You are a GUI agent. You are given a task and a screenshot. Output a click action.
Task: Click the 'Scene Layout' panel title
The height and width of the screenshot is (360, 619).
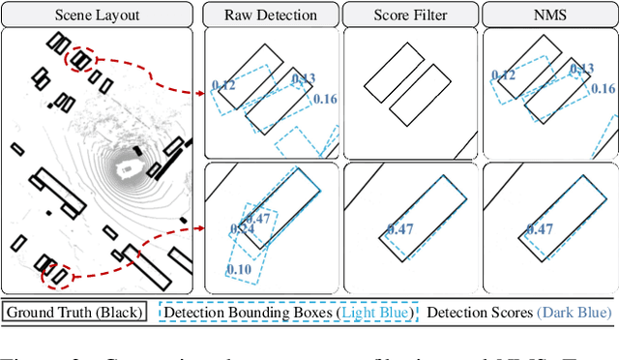coord(100,15)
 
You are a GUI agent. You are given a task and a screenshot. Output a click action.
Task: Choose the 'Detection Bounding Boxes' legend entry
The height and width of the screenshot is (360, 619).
coord(287,313)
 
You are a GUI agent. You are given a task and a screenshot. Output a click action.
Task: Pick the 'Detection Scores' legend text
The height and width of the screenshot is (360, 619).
coord(518,313)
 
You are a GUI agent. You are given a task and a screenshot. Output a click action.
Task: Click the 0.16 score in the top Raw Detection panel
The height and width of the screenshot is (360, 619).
coord(325,99)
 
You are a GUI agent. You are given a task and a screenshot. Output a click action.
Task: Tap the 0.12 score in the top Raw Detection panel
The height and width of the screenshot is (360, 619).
coord(223,86)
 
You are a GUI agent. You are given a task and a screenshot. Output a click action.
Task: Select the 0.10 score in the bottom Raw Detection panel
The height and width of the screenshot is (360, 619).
coord(239,268)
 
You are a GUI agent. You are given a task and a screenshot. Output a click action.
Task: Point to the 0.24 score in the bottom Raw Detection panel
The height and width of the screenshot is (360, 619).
coord(241,229)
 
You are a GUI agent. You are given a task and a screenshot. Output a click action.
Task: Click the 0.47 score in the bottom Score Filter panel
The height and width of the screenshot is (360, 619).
coord(400,229)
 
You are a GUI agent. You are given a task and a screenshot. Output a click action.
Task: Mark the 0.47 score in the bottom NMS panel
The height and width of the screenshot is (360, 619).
coord(540,229)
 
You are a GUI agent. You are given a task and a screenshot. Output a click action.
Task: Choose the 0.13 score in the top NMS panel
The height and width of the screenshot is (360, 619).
coord(581,70)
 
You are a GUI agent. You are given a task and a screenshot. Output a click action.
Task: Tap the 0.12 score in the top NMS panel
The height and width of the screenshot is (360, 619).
coord(503,75)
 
